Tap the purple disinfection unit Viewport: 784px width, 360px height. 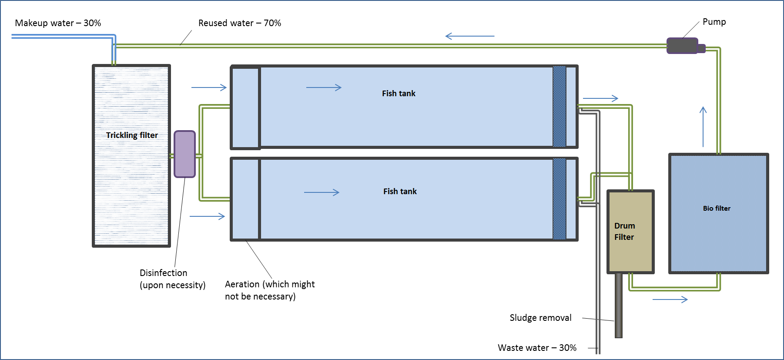184,154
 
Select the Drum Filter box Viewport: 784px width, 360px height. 630,232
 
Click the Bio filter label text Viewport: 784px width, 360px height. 717,208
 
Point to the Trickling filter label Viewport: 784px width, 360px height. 132,135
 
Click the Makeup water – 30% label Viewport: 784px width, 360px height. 58,23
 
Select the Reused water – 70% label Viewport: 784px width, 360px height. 240,23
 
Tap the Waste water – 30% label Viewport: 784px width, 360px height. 537,348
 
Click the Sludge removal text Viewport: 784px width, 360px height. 540,318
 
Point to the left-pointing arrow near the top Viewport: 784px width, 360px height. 470,36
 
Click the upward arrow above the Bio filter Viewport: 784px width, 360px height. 703,126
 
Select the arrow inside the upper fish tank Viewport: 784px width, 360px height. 324,87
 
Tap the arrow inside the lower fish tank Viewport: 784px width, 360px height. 322,192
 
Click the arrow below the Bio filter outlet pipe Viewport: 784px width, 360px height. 670,299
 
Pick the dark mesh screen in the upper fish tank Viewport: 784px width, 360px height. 559,107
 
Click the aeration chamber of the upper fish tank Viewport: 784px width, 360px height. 245,108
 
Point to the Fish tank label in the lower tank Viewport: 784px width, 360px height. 400,192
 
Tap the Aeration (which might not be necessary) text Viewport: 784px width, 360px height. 269,290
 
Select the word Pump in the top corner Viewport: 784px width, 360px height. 714,22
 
